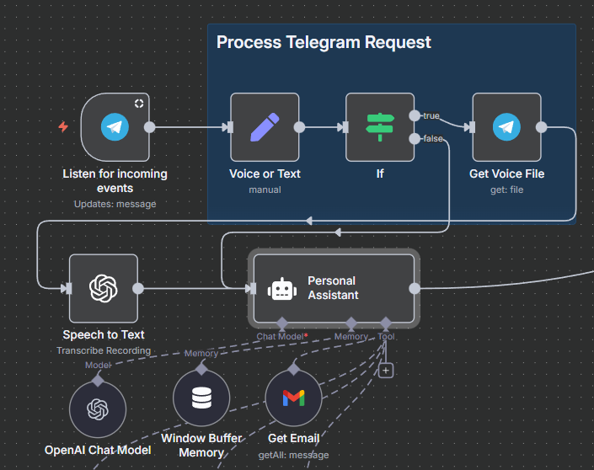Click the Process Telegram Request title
coord(324,42)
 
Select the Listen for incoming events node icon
coord(115,127)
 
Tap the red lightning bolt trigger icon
coord(63,127)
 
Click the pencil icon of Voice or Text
coord(265,127)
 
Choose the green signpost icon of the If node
coord(380,127)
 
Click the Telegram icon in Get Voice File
coord(506,127)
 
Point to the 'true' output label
coord(431,115)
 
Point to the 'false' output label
coord(432,138)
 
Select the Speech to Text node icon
coord(104,288)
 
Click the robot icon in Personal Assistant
coord(282,289)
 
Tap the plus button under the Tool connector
coord(386,370)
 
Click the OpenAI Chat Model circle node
coord(98,409)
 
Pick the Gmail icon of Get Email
coord(293,398)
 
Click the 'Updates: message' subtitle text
coord(115,204)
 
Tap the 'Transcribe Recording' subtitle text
coord(104,350)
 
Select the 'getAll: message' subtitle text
coord(293,454)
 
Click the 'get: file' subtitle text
coord(506,190)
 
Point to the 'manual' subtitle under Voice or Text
coord(265,190)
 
